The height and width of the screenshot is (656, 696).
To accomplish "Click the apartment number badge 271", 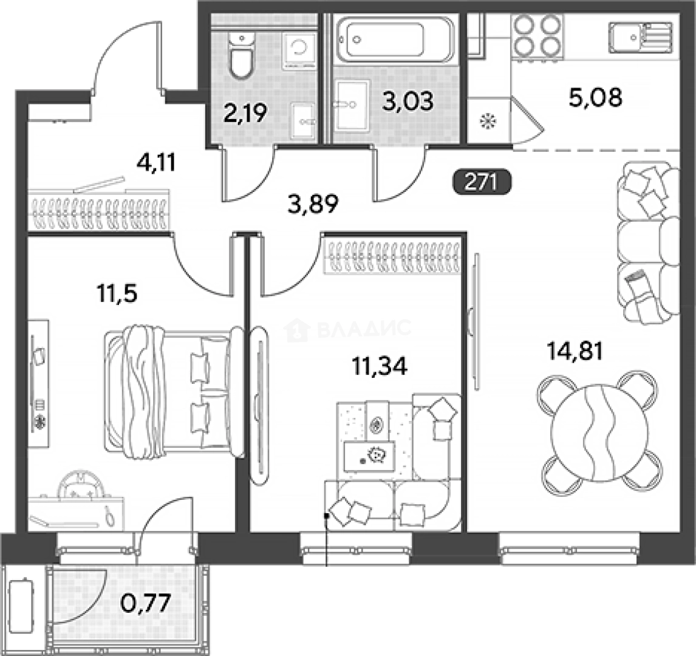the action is point(482,182).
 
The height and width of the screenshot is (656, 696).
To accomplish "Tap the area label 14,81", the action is point(575,350).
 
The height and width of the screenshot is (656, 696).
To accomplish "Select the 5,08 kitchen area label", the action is point(595,97).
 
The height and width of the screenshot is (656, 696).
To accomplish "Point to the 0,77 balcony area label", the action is point(146,603).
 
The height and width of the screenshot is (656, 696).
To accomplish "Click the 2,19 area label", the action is point(245,113).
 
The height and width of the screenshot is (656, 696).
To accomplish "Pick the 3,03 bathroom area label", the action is point(408,101).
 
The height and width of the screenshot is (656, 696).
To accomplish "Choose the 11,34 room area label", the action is point(379,367).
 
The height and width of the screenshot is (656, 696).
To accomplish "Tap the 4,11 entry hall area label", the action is point(156,162).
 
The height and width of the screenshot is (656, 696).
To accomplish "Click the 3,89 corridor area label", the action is point(313,204).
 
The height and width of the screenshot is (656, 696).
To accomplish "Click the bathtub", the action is point(395,39).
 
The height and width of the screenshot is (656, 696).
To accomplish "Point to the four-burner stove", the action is point(537,36).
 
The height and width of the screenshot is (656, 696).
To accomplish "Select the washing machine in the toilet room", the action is point(299,50).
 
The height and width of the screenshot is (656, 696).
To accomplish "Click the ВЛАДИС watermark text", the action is point(364,329).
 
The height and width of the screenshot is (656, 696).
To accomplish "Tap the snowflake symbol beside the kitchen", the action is point(488,121).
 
